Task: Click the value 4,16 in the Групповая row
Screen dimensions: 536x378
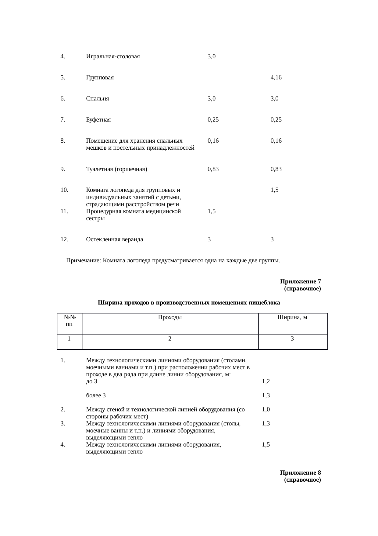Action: (276, 78)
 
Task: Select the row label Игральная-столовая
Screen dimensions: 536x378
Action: (113, 57)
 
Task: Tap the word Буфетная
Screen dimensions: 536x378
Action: (98, 120)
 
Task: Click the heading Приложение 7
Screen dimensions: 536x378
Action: (300, 281)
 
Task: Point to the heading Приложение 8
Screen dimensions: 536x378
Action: (300, 473)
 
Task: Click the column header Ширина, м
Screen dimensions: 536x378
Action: (292, 317)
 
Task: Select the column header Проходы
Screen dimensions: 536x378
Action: (170, 317)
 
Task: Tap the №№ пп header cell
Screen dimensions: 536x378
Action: (70, 320)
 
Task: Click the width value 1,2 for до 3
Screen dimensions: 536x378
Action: (266, 381)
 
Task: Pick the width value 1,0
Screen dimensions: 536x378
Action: (266, 410)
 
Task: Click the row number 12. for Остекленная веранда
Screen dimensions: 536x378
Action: (64, 239)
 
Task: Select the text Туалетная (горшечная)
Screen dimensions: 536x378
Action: (116, 169)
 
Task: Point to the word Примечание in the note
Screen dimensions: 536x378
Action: (83, 261)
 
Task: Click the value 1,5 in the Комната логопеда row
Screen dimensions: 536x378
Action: (274, 190)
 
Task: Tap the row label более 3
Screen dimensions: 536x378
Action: (96, 396)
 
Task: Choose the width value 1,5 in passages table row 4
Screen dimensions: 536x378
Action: (266, 445)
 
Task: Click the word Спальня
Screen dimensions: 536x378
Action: (97, 99)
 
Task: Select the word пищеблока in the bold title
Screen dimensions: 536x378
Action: (266, 303)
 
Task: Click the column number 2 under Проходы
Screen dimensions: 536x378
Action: (170, 339)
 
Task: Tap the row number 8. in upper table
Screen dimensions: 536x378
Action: (62, 141)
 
